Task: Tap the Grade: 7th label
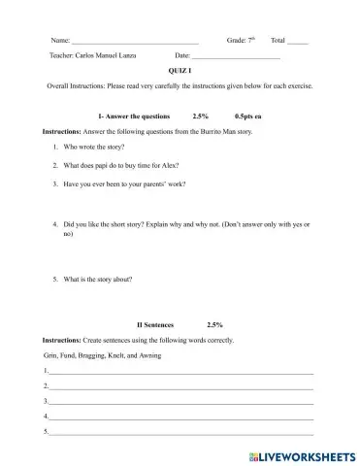[241, 41]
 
